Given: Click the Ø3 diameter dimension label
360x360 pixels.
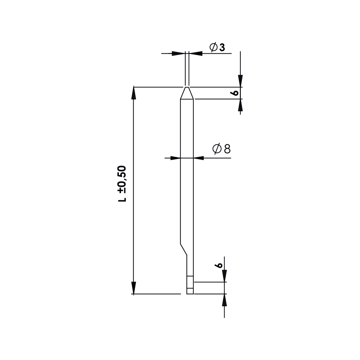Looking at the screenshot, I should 217,47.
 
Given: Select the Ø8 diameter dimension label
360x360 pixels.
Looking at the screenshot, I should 221,149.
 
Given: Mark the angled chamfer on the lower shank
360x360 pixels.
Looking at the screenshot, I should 183,248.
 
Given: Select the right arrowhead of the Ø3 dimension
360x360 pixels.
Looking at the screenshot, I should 195,54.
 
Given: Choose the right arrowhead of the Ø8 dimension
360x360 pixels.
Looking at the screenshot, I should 199,158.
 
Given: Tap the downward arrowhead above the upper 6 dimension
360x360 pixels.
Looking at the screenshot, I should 240,81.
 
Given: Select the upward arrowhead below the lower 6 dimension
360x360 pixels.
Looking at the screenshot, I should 224,300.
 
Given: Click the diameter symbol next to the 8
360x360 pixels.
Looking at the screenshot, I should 217,149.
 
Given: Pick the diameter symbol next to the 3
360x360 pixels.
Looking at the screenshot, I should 213,47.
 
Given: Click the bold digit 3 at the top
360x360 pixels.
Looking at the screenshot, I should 222,47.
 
